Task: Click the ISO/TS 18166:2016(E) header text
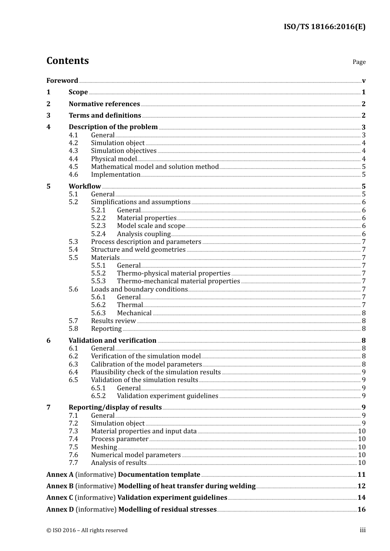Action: [324, 27]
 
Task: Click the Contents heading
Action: [67, 61]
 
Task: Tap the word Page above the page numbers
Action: [359, 62]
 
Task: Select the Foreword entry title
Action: [62, 81]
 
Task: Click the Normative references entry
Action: [104, 104]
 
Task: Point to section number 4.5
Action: [73, 167]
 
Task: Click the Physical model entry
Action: [114, 159]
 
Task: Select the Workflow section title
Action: [85, 187]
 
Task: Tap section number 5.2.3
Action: [98, 226]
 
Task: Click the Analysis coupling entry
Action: [144, 234]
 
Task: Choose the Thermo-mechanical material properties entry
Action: [178, 281]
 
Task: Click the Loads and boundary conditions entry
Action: [139, 289]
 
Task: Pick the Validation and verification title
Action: [112, 341]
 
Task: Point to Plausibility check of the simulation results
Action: [156, 372]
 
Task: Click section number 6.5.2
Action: [98, 396]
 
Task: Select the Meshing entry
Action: [104, 447]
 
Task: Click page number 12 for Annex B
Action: [361, 486]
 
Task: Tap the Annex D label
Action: [60, 510]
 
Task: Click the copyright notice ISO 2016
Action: [87, 531]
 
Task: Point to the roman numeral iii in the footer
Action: [362, 531]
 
